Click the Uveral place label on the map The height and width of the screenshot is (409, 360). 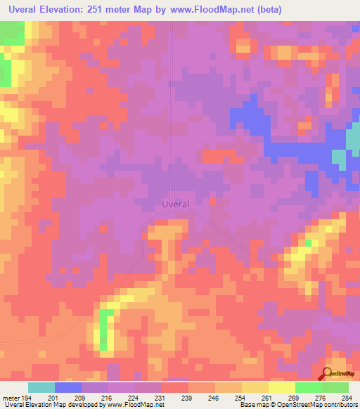[x=175, y=204]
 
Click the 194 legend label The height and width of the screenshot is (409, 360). [x=28, y=397]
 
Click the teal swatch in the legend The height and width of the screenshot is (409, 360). [x=41, y=387]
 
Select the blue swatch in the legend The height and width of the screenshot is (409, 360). [x=68, y=387]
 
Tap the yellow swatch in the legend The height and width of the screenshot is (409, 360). [x=281, y=387]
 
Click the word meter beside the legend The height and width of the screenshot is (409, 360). [x=11, y=397]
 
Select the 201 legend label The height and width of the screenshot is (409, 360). [x=55, y=397]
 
